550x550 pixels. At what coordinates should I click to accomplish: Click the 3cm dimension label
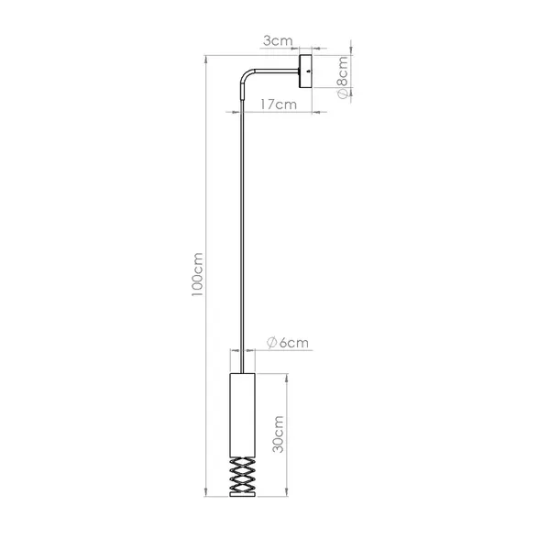pyautogui.click(x=278, y=41)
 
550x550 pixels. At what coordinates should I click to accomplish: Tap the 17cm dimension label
pyautogui.click(x=279, y=104)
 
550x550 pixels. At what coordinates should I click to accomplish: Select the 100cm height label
pyautogui.click(x=197, y=274)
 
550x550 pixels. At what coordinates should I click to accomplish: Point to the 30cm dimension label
pyautogui.click(x=278, y=434)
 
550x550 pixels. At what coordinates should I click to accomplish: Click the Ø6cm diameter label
pyautogui.click(x=288, y=343)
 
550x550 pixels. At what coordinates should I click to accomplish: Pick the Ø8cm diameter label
pyautogui.click(x=342, y=77)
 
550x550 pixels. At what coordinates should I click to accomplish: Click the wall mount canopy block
pyautogui.click(x=305, y=71)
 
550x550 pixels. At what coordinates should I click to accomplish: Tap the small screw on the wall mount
pyautogui.click(x=308, y=71)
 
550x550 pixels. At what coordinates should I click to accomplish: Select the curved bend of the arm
pyautogui.click(x=246, y=74)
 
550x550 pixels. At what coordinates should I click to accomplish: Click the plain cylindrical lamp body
pyautogui.click(x=242, y=415)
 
